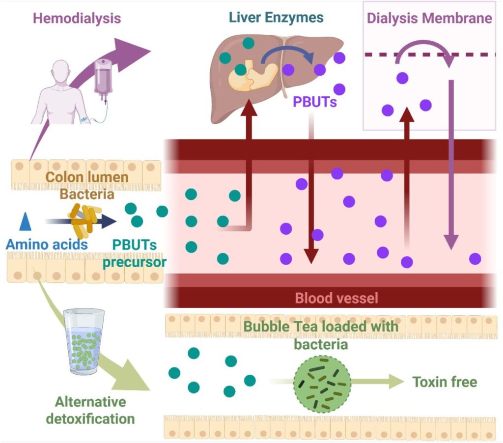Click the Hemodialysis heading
click(77, 19)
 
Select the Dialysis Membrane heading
click(429, 19)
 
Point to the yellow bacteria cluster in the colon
click(85, 220)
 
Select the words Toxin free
click(444, 382)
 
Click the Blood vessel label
click(336, 298)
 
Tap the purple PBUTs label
click(314, 102)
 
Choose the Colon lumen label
click(87, 177)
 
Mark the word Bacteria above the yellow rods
click(87, 194)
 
